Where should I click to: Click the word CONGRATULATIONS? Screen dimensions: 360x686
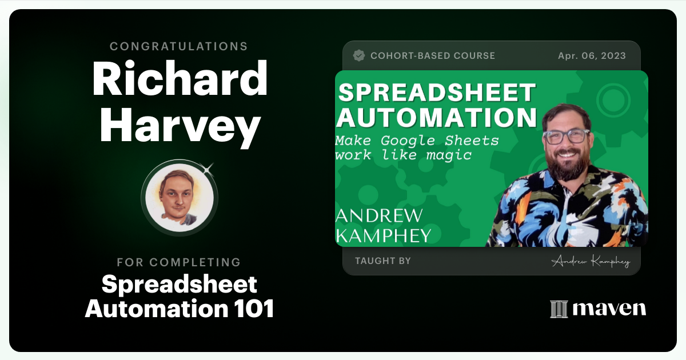(x=179, y=46)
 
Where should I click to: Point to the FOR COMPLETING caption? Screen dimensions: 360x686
(x=179, y=262)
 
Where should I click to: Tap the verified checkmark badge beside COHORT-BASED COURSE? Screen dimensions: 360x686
(x=359, y=55)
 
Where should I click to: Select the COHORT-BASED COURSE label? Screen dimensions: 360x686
(x=433, y=56)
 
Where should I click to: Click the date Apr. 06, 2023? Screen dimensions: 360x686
(x=592, y=56)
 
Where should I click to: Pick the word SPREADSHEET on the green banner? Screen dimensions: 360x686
(x=436, y=93)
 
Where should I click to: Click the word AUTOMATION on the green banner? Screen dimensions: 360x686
(x=436, y=118)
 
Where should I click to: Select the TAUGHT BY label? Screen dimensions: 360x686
(x=383, y=261)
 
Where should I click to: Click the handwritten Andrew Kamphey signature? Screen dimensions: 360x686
(x=591, y=262)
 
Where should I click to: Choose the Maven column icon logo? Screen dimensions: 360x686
(x=559, y=309)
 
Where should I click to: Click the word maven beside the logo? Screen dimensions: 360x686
(x=609, y=309)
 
